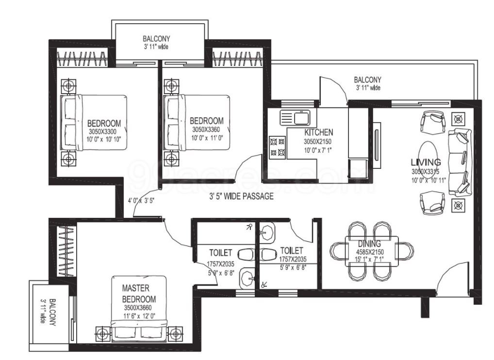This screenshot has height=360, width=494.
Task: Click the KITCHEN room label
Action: pos(318,132)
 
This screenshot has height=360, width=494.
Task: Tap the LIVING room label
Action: pos(426,162)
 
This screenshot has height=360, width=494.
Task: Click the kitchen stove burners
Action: pos(277,147)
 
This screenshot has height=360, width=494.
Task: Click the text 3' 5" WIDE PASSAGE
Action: pos(241,196)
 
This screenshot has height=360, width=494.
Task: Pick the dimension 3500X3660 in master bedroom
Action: pos(139,308)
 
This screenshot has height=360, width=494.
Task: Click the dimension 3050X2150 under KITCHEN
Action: pos(319,142)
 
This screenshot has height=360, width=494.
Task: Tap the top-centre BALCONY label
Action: pos(156,38)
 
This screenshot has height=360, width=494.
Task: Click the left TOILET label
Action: pos(220,253)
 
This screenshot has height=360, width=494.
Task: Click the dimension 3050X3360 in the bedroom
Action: pos(206,130)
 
